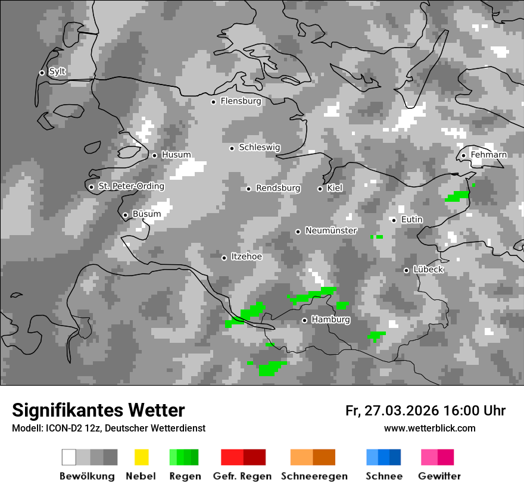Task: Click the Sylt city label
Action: pos(57,72)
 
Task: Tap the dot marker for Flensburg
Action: pos(213,102)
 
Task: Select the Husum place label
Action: pos(176,155)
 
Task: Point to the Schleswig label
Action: pos(259,148)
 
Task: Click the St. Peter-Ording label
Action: pos(131,186)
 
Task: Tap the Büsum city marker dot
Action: pos(125,215)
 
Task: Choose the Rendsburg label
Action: pos(278,189)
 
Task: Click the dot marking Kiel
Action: pos(320,189)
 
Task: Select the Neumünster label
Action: pos(331,231)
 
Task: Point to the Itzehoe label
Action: pos(247,257)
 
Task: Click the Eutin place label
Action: pos(411,220)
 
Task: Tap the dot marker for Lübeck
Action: pos(406,270)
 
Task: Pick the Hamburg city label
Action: pos(330,320)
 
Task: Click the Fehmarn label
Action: pos(488,155)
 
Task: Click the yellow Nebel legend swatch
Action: pos(141,457)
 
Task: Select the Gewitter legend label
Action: pos(439,476)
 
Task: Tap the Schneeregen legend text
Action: pos(314,476)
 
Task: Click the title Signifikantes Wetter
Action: pos(98,410)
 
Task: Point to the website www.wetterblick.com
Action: pos(430,429)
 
